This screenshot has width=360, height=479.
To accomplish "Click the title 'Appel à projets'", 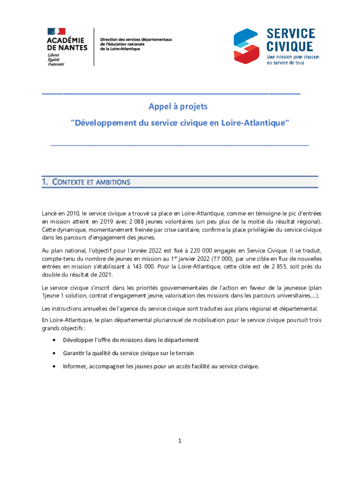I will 178,107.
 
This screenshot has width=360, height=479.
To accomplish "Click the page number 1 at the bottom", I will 180,441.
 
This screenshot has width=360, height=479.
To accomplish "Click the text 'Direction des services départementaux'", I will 136,39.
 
